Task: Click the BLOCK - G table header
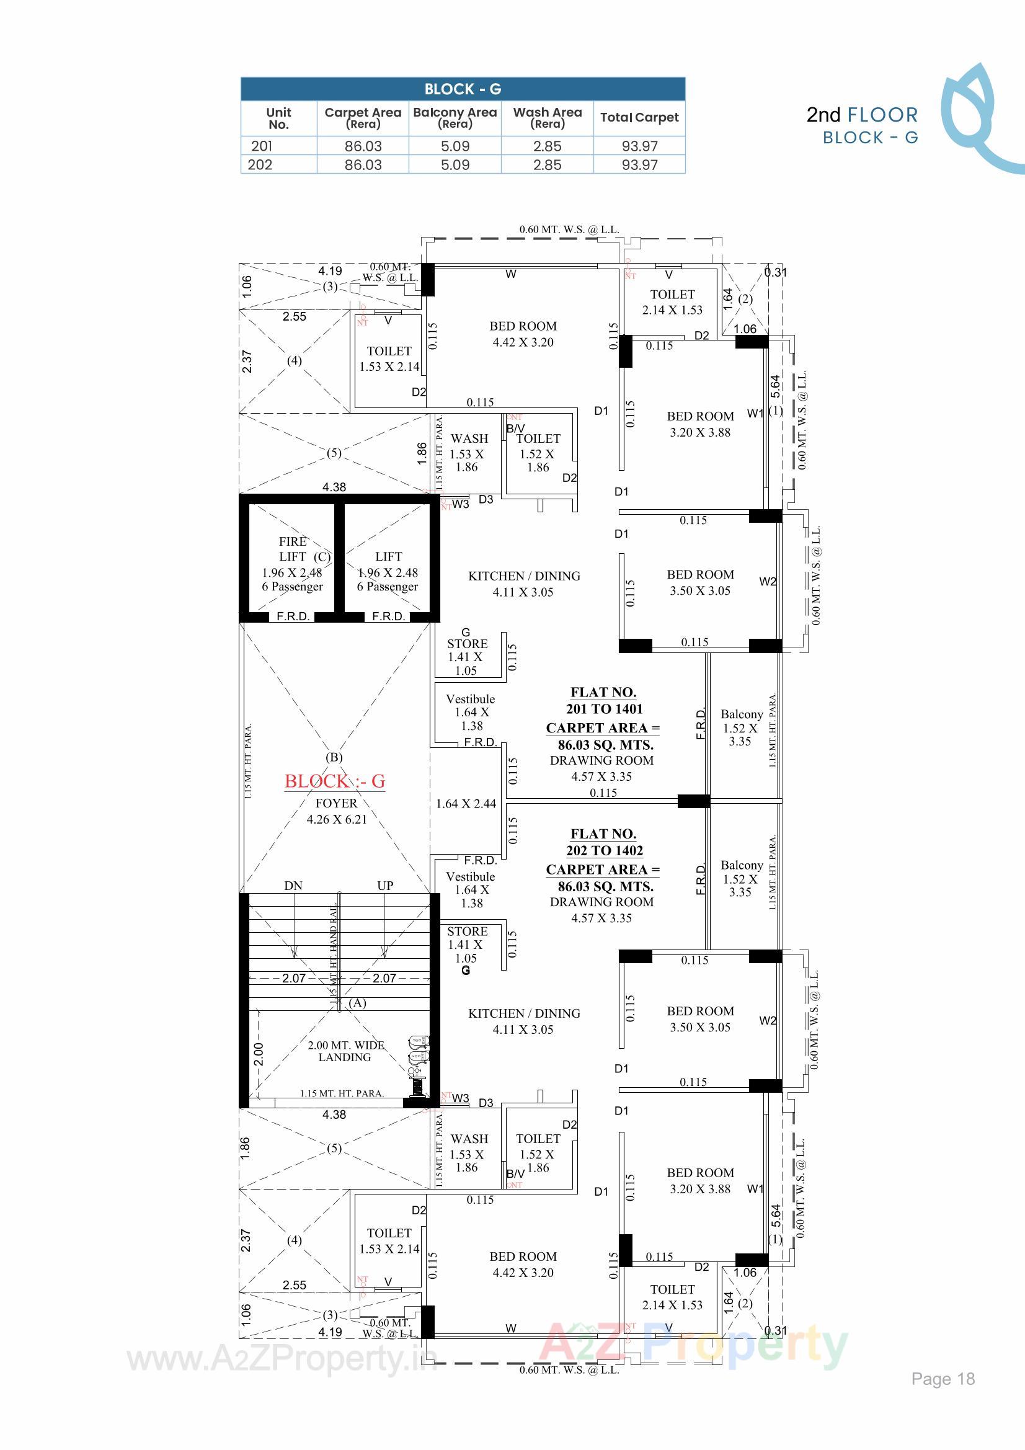463,89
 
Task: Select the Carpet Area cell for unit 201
363,146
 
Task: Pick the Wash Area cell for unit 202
547,165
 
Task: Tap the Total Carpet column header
639,117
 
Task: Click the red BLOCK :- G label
335,781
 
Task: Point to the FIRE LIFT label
293,549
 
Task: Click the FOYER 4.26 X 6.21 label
337,811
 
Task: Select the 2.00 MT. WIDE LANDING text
345,1051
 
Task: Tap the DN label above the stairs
293,886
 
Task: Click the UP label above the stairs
385,886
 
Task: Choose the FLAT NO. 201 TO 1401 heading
604,700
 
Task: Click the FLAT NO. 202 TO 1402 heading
604,842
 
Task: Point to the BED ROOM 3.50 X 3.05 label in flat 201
699,582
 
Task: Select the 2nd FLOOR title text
862,115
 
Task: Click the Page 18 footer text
943,1379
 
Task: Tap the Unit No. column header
278,118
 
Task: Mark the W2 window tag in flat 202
767,1021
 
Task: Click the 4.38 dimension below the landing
334,1114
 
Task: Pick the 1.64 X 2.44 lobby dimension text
466,804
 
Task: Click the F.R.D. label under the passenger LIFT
388,616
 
